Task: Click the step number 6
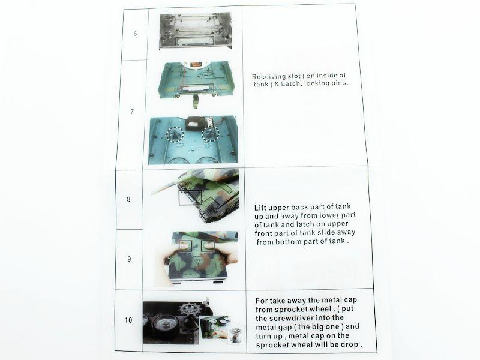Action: pos(135,34)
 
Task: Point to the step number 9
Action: pos(129,259)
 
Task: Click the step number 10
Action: pos(128,320)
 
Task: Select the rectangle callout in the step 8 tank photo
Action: pos(189,197)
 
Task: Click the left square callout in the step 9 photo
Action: pos(184,245)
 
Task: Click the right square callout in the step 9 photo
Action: pos(208,245)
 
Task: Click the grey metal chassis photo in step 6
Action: pos(194,31)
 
